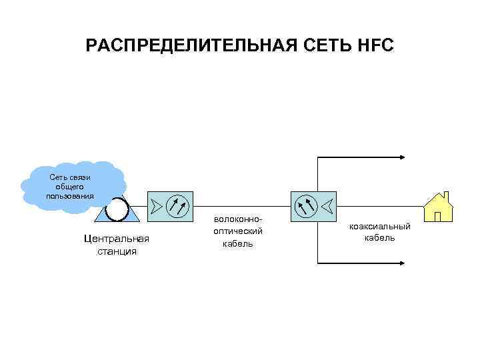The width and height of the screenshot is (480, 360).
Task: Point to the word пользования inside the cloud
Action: [70, 196]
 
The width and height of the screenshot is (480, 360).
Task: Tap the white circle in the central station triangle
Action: [117, 209]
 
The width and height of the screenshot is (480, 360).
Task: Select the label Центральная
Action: [117, 239]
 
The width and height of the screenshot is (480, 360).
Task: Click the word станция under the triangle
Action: [117, 251]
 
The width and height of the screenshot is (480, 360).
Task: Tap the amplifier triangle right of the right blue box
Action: [327, 205]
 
